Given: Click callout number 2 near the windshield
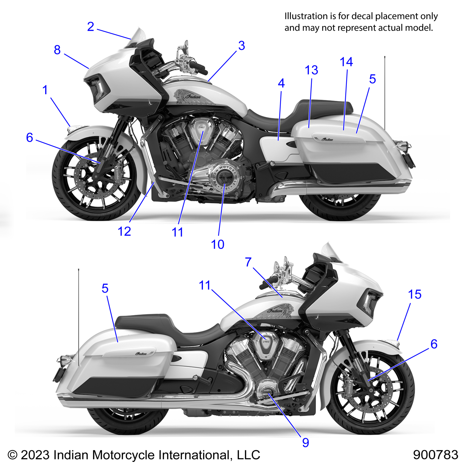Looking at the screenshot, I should click(x=91, y=27).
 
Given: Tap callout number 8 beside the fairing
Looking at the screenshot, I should click(x=57, y=50).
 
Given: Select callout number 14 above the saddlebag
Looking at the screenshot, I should click(x=346, y=62).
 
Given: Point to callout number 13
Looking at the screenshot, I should click(x=311, y=70).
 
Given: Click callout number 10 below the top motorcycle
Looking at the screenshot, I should click(x=218, y=245).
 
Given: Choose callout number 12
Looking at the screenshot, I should click(x=124, y=232).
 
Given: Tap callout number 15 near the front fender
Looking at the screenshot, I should click(x=414, y=295).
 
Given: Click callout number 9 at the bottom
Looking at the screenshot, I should click(x=306, y=443).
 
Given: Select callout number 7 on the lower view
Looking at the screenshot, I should click(x=248, y=262).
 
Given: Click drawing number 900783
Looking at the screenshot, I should click(x=435, y=455).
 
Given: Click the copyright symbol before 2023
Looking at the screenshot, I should click(x=13, y=455).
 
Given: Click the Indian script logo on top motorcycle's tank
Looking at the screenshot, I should click(x=193, y=96).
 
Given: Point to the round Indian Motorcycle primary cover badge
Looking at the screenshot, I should click(x=225, y=178).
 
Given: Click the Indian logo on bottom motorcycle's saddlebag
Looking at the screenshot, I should click(x=141, y=354).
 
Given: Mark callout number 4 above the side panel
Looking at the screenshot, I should click(x=281, y=83).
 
